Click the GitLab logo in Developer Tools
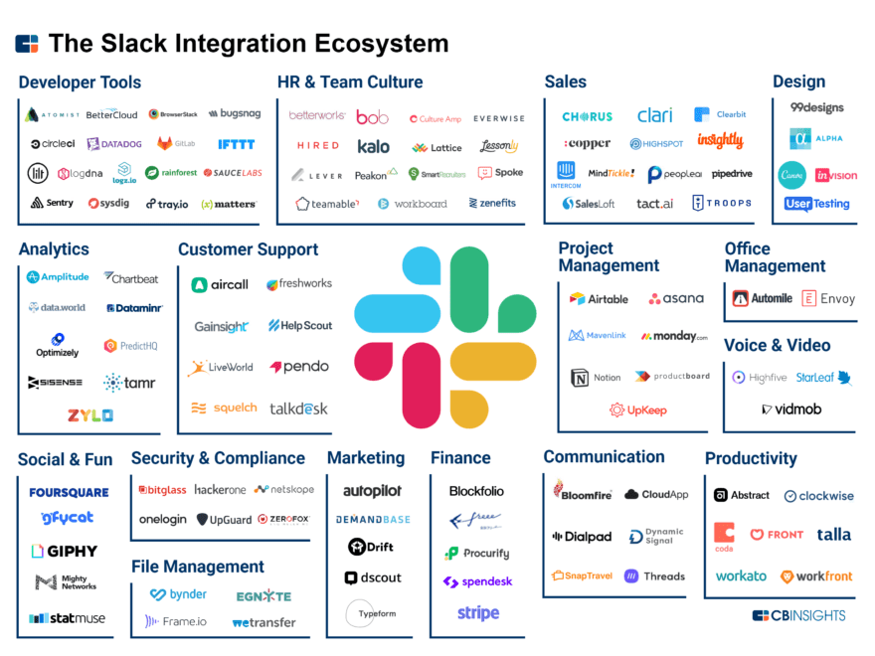coord(178,144)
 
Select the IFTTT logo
coord(237,144)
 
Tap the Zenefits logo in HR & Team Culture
coord(492,203)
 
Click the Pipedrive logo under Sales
coord(732,174)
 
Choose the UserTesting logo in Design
coord(816,204)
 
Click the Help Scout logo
coord(299,325)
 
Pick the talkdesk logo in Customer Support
coord(298,409)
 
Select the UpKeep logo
coord(638,410)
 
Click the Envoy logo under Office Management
coord(828,298)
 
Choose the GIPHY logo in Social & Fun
coord(65,551)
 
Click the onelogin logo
coord(162,519)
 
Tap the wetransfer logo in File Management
coord(263,622)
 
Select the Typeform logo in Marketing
coord(376,613)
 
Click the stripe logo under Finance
coord(478,613)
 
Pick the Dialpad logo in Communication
coord(582,537)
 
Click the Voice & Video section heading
coord(777,346)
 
